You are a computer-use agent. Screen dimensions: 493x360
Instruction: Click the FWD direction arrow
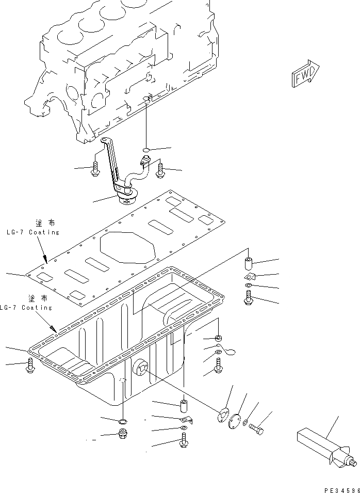[x=305, y=74]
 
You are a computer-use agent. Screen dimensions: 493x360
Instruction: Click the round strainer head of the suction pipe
[x=128, y=197]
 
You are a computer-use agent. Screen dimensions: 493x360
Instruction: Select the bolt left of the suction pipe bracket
[x=96, y=169]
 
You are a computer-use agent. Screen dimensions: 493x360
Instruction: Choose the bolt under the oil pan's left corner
[x=29, y=366]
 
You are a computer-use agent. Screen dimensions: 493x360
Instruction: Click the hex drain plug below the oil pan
[x=124, y=435]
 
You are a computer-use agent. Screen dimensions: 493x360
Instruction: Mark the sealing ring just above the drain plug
[x=124, y=423]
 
